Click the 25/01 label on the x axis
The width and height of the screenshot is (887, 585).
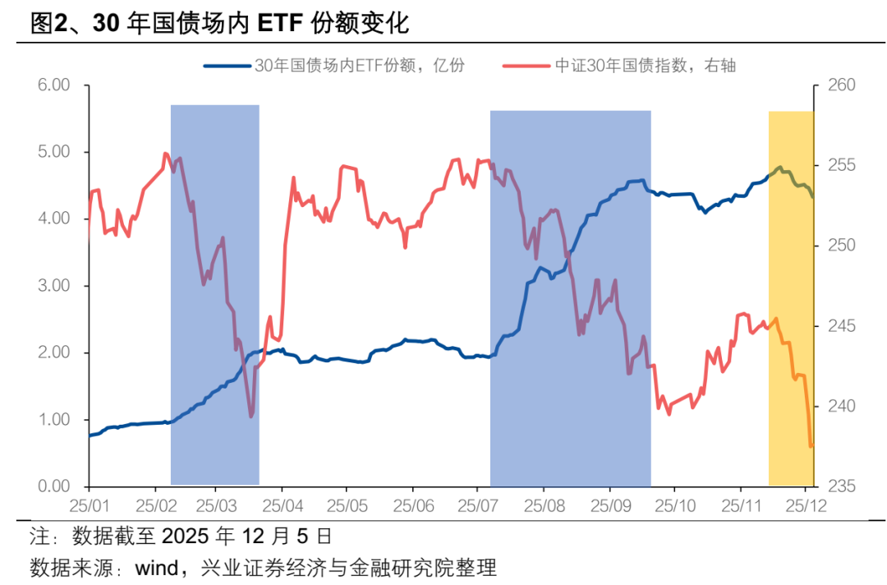pyautogui.click(x=85, y=503)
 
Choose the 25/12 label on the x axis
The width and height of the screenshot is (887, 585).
pyautogui.click(x=806, y=503)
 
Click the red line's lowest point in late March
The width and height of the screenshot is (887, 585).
pyautogui.click(x=250, y=417)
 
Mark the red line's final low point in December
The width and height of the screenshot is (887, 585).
pyautogui.click(x=811, y=446)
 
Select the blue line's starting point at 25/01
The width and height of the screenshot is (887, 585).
pyautogui.click(x=89, y=435)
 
